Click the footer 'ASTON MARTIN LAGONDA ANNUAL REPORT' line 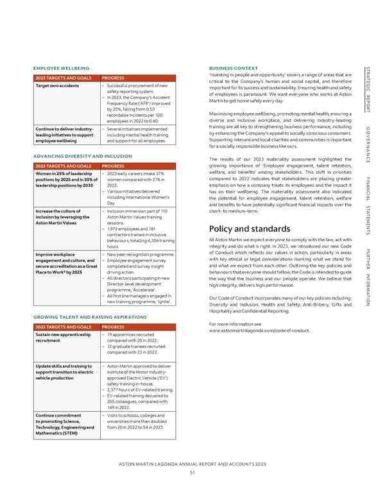click(193, 463)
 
